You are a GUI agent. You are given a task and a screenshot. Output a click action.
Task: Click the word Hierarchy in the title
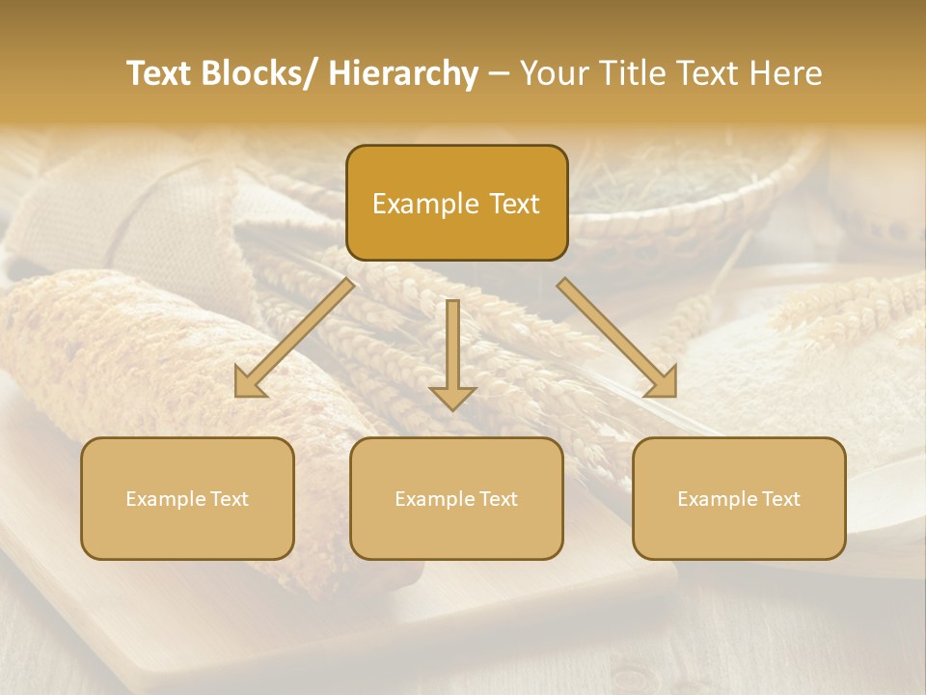click(403, 73)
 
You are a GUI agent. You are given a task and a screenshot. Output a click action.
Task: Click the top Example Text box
click(456, 203)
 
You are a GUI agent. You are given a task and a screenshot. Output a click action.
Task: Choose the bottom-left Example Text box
click(187, 498)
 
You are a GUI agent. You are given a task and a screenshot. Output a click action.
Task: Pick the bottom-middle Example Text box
click(456, 498)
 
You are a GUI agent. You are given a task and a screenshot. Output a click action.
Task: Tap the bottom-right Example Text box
click(739, 498)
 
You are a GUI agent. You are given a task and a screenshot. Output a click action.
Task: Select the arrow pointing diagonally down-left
click(295, 338)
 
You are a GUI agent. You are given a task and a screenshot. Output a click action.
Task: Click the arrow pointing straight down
click(452, 353)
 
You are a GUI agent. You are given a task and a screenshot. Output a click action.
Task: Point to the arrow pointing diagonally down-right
click(617, 338)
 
